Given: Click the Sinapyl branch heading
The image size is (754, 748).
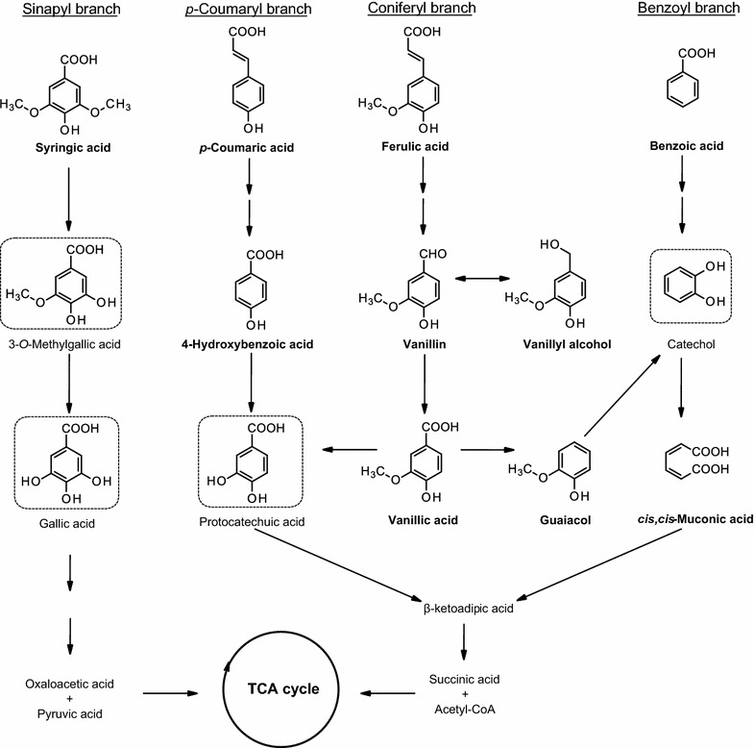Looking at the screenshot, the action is tap(71, 10).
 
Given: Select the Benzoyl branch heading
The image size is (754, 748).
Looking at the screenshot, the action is tap(689, 9).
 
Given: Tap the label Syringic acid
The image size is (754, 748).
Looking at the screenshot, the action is tap(73, 147).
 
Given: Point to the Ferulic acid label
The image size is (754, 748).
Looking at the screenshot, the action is tap(415, 146).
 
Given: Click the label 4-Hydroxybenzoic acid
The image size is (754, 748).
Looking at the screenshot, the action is tap(247, 344).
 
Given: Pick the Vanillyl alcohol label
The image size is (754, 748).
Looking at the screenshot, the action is tap(567, 344).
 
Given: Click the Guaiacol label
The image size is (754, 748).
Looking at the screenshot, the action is tap(565, 520).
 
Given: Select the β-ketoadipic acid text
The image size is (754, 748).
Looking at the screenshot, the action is tap(469, 609).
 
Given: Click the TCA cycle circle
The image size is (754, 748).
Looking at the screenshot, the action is tap(281, 632).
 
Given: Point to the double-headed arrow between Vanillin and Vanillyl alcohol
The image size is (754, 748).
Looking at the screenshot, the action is tap(482, 278).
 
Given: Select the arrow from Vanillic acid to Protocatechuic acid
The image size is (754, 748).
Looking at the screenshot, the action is tap(350, 450).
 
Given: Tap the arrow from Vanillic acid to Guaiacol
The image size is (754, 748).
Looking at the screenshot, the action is tap(488, 450).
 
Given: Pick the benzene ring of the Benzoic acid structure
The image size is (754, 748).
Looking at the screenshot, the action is tap(682, 88).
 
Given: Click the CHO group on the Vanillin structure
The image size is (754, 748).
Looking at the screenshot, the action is tap(433, 254).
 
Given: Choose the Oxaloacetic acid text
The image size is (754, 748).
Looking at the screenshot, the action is tap(70, 684).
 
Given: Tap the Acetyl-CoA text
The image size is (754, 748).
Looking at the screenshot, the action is tap(465, 709).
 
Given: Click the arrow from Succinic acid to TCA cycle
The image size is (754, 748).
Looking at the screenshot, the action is tap(388, 693).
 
